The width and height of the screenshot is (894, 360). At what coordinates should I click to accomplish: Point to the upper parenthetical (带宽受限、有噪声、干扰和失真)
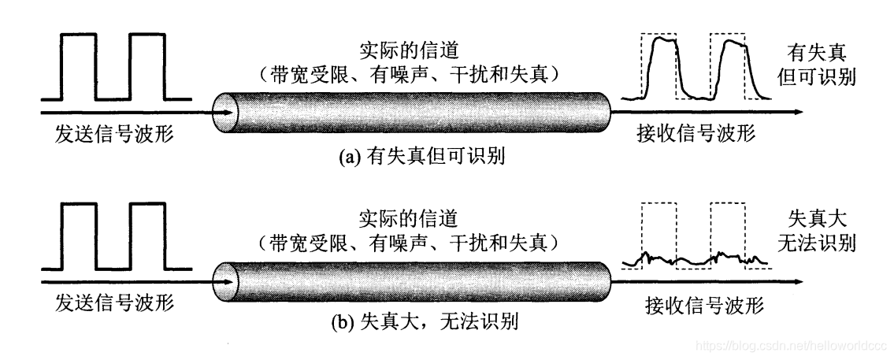(x=413, y=76)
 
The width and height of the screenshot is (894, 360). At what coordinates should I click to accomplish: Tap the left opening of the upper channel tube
(x=225, y=112)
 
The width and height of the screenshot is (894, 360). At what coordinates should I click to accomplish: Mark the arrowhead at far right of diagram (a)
(x=797, y=112)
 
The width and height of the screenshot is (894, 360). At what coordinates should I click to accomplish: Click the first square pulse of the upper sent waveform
(x=78, y=67)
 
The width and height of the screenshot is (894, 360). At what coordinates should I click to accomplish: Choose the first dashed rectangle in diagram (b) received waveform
(x=658, y=236)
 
